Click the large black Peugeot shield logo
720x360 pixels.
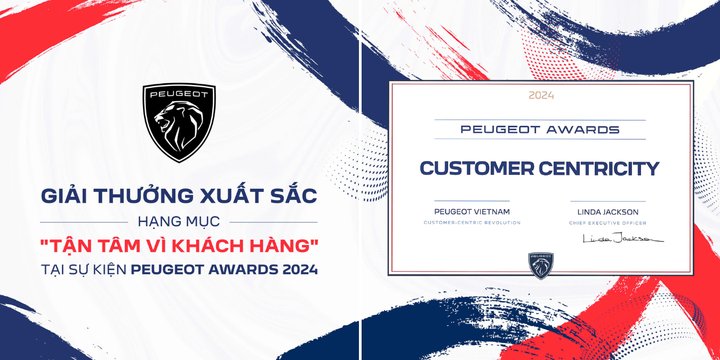click(x=179, y=123)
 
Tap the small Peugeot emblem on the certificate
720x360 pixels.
click(x=541, y=266)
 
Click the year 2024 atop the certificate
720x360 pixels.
click(x=541, y=95)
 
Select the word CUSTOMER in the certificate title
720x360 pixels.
click(x=477, y=168)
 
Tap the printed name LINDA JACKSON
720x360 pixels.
click(x=608, y=212)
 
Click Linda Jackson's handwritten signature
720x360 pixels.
click(x=623, y=238)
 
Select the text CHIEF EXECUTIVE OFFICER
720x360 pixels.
click(x=607, y=223)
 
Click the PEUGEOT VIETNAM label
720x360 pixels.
click(x=472, y=212)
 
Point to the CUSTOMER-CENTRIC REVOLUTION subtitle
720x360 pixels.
click(x=472, y=222)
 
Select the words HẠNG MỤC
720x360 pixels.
click(x=179, y=221)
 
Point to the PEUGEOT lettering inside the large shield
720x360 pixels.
click(x=179, y=94)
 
